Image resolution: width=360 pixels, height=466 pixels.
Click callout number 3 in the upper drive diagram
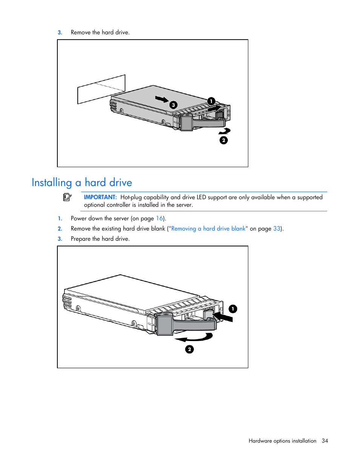pyautogui.click(x=173, y=105)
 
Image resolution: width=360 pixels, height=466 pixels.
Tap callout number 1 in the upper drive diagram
pyautogui.click(x=211, y=101)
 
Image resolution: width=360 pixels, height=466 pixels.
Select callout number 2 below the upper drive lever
pyautogui.click(x=224, y=140)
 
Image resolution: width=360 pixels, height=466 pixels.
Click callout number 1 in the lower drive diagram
pyautogui.click(x=233, y=309)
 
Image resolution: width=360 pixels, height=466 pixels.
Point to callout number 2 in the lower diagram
pyautogui.click(x=189, y=349)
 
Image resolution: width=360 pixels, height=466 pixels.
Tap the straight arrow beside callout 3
pyautogui.click(x=162, y=99)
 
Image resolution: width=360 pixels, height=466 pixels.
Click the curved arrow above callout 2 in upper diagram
pyautogui.click(x=225, y=131)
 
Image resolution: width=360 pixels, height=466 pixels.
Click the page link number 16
pyautogui.click(x=159, y=218)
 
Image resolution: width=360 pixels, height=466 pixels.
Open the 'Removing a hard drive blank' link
pyautogui.click(x=208, y=229)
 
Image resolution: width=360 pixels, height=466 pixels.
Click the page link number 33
pyautogui.click(x=277, y=229)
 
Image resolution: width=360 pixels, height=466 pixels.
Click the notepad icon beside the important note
pyautogui.click(x=67, y=197)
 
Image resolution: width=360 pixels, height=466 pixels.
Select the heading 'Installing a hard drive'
pyautogui.click(x=82, y=183)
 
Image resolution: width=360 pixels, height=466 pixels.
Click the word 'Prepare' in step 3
pyautogui.click(x=81, y=239)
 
